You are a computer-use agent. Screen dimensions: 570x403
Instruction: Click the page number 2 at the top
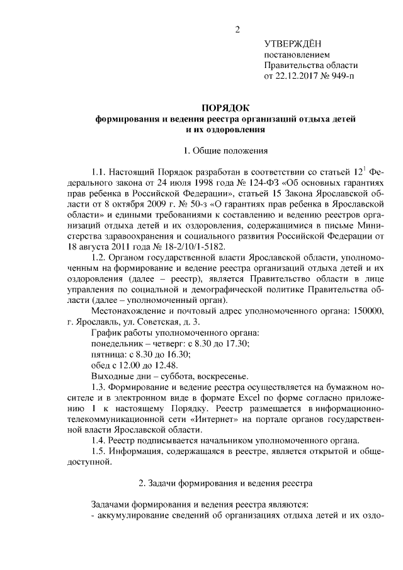[x=237, y=30]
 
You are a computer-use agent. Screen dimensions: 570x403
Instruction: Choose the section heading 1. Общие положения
[x=225, y=151]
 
